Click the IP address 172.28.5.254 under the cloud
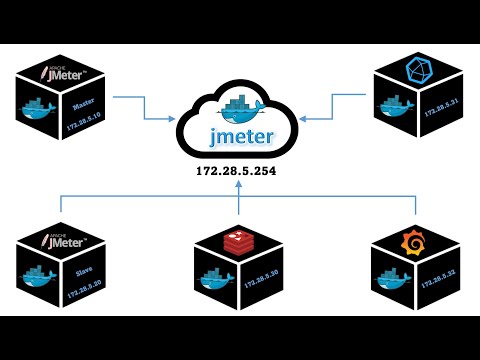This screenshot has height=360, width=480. coord(238,172)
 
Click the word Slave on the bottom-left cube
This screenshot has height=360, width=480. coord(83,269)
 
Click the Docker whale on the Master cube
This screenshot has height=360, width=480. coord(43,108)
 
